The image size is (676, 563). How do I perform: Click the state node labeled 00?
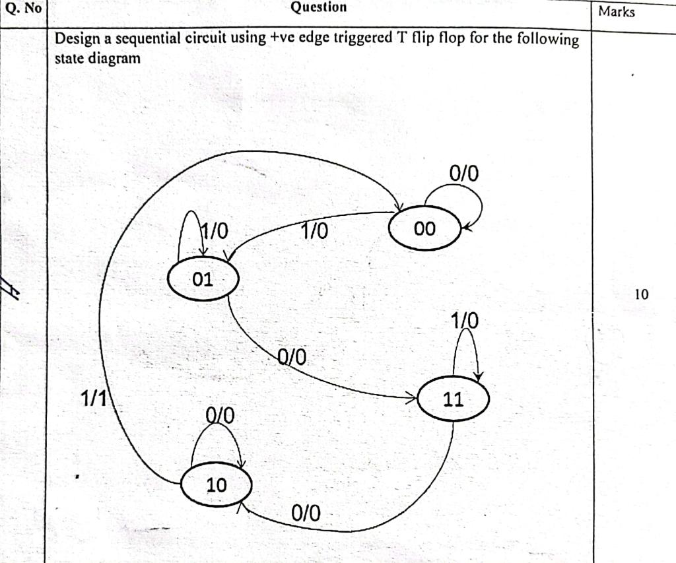click(x=424, y=228)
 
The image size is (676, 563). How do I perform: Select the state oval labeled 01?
click(x=203, y=279)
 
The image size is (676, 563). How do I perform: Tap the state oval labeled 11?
click(x=454, y=399)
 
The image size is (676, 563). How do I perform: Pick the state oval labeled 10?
click(x=217, y=485)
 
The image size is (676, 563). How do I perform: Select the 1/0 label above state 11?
click(x=465, y=321)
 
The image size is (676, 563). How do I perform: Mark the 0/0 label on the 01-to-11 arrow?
click(x=292, y=357)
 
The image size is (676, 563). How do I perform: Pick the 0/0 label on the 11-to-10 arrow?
click(x=306, y=513)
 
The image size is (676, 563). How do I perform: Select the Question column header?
click(x=318, y=7)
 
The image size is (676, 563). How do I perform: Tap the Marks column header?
click(x=617, y=11)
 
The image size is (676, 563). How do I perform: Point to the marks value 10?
click(x=642, y=294)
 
